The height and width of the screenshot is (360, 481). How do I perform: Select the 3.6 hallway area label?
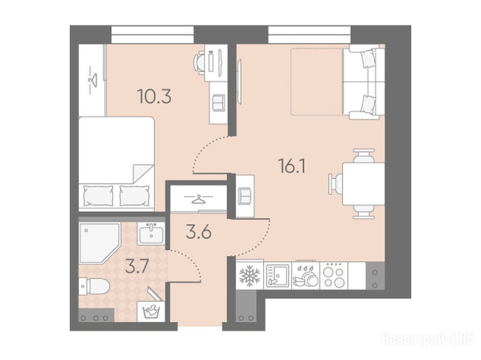click(199, 232)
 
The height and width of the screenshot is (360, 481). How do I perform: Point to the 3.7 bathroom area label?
click(137, 267)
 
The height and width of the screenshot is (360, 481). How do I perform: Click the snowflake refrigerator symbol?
click(249, 276)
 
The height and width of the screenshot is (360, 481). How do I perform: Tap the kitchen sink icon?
click(277, 276)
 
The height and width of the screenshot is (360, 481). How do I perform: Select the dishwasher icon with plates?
click(305, 276)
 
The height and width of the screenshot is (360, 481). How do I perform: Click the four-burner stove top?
click(334, 276)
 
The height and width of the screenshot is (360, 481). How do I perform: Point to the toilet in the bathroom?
click(94, 286)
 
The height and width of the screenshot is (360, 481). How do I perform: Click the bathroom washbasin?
click(151, 234)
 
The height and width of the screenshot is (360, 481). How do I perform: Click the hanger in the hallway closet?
click(199, 199)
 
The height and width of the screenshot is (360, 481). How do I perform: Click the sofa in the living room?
click(363, 82)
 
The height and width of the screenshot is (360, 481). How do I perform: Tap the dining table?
click(364, 184)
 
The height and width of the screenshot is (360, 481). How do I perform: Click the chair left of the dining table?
click(335, 184)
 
